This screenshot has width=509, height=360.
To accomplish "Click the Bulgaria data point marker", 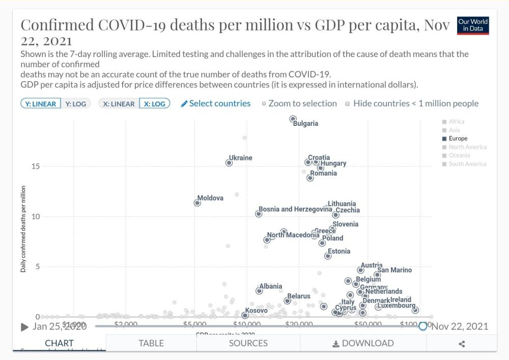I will pos(293,119).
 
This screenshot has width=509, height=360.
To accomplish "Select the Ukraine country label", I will pos(241,158).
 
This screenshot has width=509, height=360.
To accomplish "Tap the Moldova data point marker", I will pos(197,203).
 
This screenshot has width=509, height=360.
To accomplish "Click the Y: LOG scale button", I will pos(76,103).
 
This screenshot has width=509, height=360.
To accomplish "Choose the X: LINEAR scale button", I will pos(119,103).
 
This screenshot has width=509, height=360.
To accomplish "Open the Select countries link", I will pos(216,103).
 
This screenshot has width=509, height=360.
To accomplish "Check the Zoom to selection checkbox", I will pos(264,104).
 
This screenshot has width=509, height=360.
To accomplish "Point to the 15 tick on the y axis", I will pos(35,167).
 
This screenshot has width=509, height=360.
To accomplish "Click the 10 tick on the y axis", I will pos(35,217).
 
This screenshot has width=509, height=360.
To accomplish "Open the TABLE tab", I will pos(151,343).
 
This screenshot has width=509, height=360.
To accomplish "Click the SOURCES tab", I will pos(248,343).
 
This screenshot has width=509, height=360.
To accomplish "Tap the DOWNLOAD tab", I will pos(363,343).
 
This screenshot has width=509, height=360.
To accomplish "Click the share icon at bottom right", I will pos(462,344).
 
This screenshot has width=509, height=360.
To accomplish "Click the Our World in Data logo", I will pos(473,25).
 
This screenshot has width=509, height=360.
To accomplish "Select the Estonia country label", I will pos(339,251).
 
